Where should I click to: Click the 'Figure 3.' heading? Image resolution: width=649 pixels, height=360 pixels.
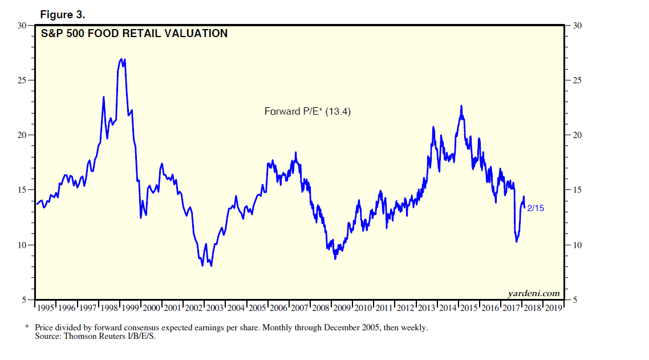pos(63,14)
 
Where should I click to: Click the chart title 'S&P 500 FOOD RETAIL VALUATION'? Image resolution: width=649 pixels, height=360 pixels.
pos(134,34)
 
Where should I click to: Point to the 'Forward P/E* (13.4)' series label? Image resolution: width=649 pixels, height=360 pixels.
pos(307,111)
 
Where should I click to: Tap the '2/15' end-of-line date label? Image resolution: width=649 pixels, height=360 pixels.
pos(536,208)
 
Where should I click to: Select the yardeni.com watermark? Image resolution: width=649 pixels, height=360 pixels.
pos(534,294)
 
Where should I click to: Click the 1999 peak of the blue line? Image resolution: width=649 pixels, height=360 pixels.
pos(121,58)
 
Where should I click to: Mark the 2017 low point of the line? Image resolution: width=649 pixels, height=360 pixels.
pos(517,242)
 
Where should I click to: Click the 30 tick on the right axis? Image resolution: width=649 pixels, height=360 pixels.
pos(575,26)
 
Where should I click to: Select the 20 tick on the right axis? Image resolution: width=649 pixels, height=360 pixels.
pos(575,135)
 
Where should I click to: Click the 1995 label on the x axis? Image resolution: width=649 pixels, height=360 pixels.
pos(45,308)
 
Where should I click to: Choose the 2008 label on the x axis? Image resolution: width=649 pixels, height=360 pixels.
pos(321,308)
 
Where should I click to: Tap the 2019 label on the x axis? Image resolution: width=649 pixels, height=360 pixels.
pos(554,308)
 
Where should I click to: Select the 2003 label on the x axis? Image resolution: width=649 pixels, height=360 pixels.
pos(215,308)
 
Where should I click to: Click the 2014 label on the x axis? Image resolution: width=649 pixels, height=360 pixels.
pos(448,308)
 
